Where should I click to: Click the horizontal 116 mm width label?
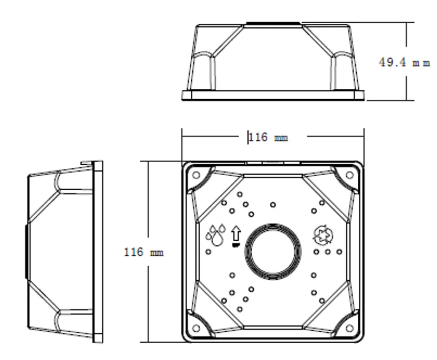coord(268,137)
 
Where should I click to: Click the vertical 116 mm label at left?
coord(143,252)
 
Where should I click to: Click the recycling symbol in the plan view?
coord(323,235)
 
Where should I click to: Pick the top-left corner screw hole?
coord(196,175)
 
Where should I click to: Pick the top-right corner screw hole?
coord(349,175)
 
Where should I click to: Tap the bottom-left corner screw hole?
coord(196,328)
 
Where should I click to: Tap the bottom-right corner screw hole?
coord(349,328)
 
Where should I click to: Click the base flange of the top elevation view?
coord(273,95)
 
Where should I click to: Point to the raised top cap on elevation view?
coord(273,22)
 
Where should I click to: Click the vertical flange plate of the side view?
coord(98,252)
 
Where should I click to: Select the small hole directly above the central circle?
coord(273,205)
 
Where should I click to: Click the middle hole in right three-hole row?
coord(328,252)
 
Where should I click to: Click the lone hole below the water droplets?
coord(208,252)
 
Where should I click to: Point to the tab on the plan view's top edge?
coord(273,161)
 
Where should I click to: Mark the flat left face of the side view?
coord(26,252)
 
